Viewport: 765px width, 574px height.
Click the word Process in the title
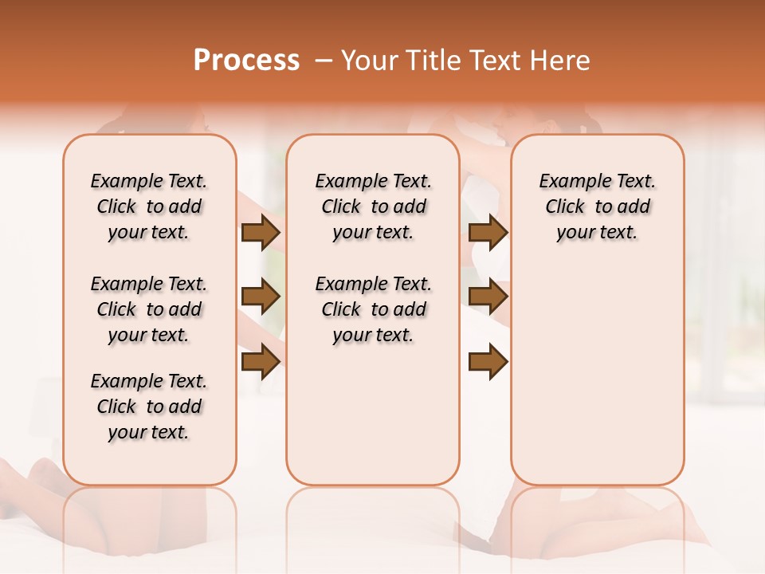pyautogui.click(x=246, y=61)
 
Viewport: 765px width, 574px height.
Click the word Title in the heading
pyautogui.click(x=430, y=61)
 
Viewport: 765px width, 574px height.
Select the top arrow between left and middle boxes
pyautogui.click(x=260, y=233)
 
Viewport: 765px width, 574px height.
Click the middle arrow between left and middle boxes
pyautogui.click(x=260, y=297)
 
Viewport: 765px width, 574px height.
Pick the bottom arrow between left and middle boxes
pyautogui.click(x=260, y=362)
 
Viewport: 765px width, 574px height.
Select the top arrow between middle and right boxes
pyautogui.click(x=488, y=233)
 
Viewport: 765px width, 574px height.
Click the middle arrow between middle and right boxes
pyautogui.click(x=488, y=297)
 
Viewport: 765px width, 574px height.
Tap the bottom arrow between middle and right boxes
pyautogui.click(x=488, y=362)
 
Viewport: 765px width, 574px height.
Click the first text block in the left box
pyautogui.click(x=149, y=206)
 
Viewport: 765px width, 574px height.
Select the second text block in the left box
pyautogui.click(x=149, y=309)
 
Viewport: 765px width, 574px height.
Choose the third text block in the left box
pyautogui.click(x=149, y=407)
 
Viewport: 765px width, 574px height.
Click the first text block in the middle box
pyautogui.click(x=373, y=206)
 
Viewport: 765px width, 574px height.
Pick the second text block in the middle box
pyautogui.click(x=373, y=309)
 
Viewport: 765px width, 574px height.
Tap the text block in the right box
pyautogui.click(x=597, y=206)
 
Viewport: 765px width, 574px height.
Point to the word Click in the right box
pyautogui.click(x=565, y=207)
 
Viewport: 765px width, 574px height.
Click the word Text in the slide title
pyautogui.click(x=493, y=61)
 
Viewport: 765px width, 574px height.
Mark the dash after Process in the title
pyautogui.click(x=324, y=61)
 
